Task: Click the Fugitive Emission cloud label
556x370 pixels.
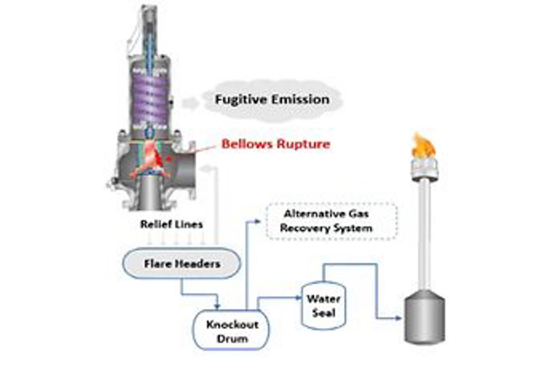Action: [x=272, y=99]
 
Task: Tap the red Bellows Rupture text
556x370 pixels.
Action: [x=276, y=143]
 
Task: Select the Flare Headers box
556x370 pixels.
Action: [x=174, y=265]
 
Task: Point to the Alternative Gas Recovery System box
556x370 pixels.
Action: [x=332, y=221]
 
